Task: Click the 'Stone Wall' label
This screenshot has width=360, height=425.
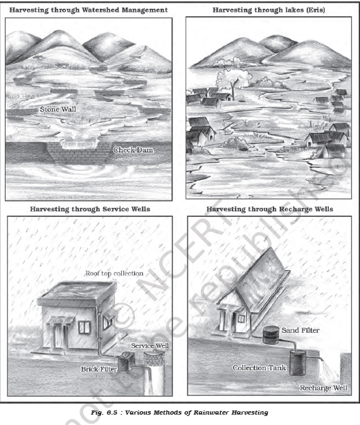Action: coord(57,109)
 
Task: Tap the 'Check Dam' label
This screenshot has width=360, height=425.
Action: coord(133,150)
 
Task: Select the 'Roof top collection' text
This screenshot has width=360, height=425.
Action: coord(114,273)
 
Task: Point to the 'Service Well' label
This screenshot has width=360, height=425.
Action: coord(150,346)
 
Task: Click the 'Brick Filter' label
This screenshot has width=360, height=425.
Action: coord(99,369)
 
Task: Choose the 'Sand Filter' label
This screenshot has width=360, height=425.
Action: coord(300,330)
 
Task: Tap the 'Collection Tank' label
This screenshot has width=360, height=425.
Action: coord(259,368)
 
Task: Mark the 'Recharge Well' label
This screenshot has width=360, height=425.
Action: coord(323,388)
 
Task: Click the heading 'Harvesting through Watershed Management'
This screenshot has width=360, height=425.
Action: coord(89,10)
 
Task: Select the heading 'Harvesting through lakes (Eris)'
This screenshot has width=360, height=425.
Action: coord(269,10)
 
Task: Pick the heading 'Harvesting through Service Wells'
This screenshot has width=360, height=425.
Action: coord(90,209)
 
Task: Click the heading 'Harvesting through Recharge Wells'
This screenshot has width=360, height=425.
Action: coord(270,209)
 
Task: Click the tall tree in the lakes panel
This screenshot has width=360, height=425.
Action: coord(233,81)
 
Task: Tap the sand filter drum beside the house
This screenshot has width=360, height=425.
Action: coord(271,335)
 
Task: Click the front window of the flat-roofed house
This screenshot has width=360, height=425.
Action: coord(84,327)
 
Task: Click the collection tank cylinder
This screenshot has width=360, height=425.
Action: coord(298,363)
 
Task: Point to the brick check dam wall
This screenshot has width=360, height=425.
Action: coord(79,153)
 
